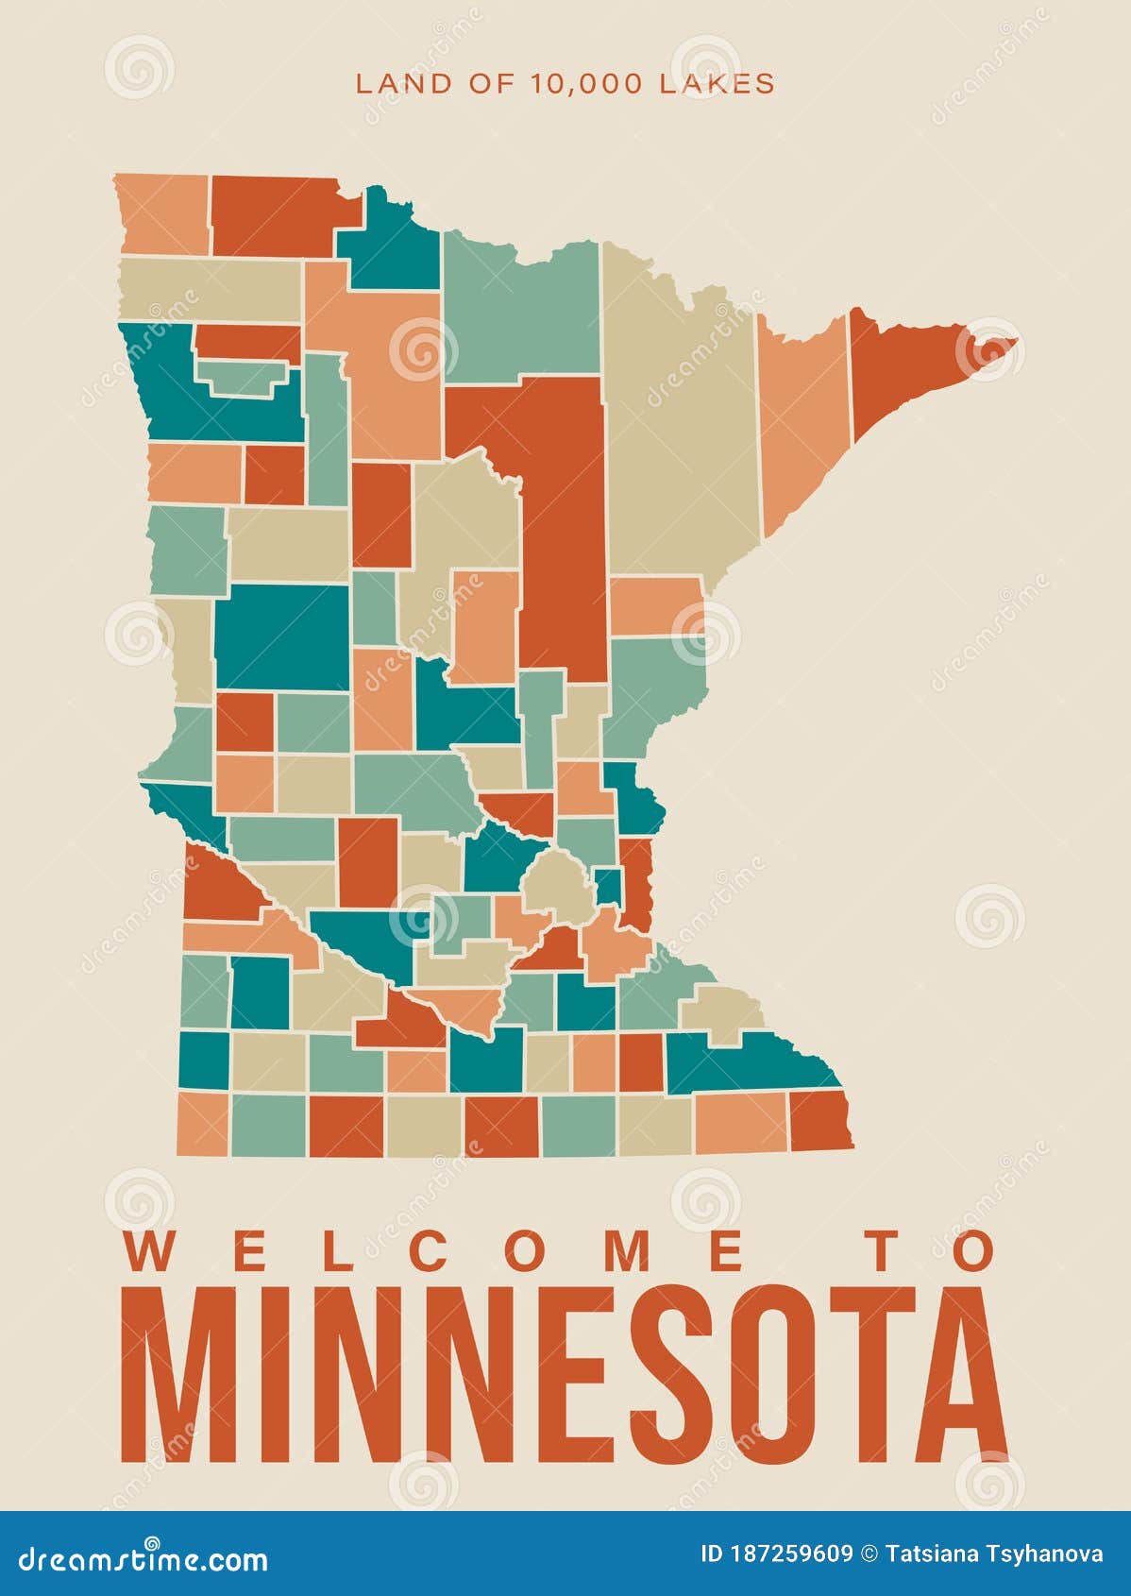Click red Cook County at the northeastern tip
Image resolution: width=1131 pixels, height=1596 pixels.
(x=906, y=368)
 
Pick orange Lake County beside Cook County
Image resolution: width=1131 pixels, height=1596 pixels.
(x=802, y=416)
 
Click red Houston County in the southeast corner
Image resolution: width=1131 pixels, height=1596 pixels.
(x=819, y=1121)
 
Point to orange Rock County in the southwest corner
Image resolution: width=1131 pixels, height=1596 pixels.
(x=202, y=1124)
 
